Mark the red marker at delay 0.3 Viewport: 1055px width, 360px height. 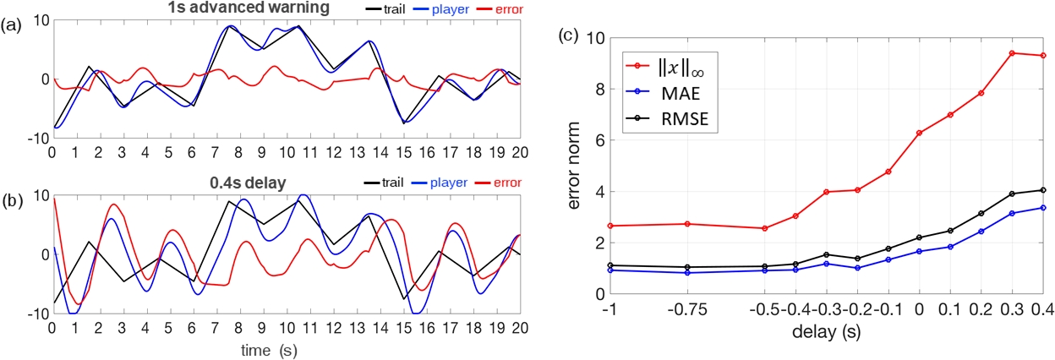1012,53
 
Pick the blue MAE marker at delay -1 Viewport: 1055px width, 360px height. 609,270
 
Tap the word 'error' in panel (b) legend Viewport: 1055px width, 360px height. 505,181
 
